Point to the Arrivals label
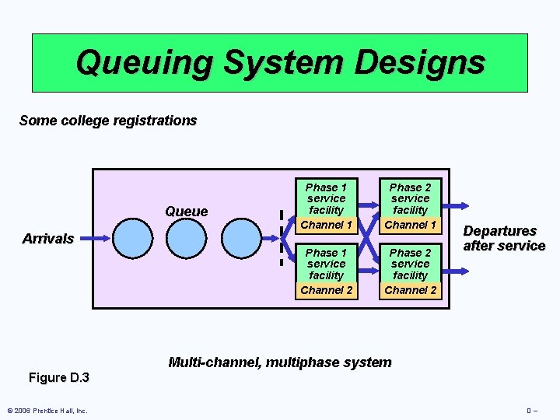[48, 239]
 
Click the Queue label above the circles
[187, 212]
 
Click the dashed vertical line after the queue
[281, 237]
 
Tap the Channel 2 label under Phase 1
[326, 290]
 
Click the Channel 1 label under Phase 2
[411, 225]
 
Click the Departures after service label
[504, 239]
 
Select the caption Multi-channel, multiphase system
[280, 362]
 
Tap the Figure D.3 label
[59, 378]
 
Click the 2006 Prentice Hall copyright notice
[47, 411]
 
